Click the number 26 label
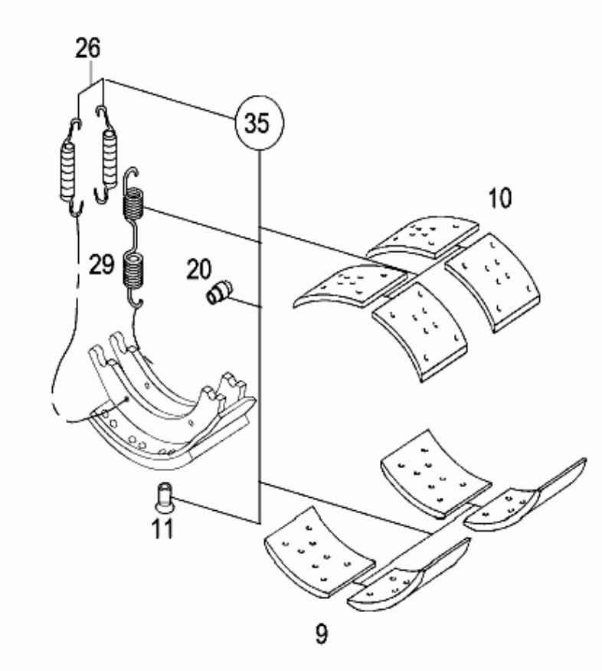coord(87,48)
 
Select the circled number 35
coord(259,123)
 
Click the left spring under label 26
coord(69,167)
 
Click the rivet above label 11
coord(164,496)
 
